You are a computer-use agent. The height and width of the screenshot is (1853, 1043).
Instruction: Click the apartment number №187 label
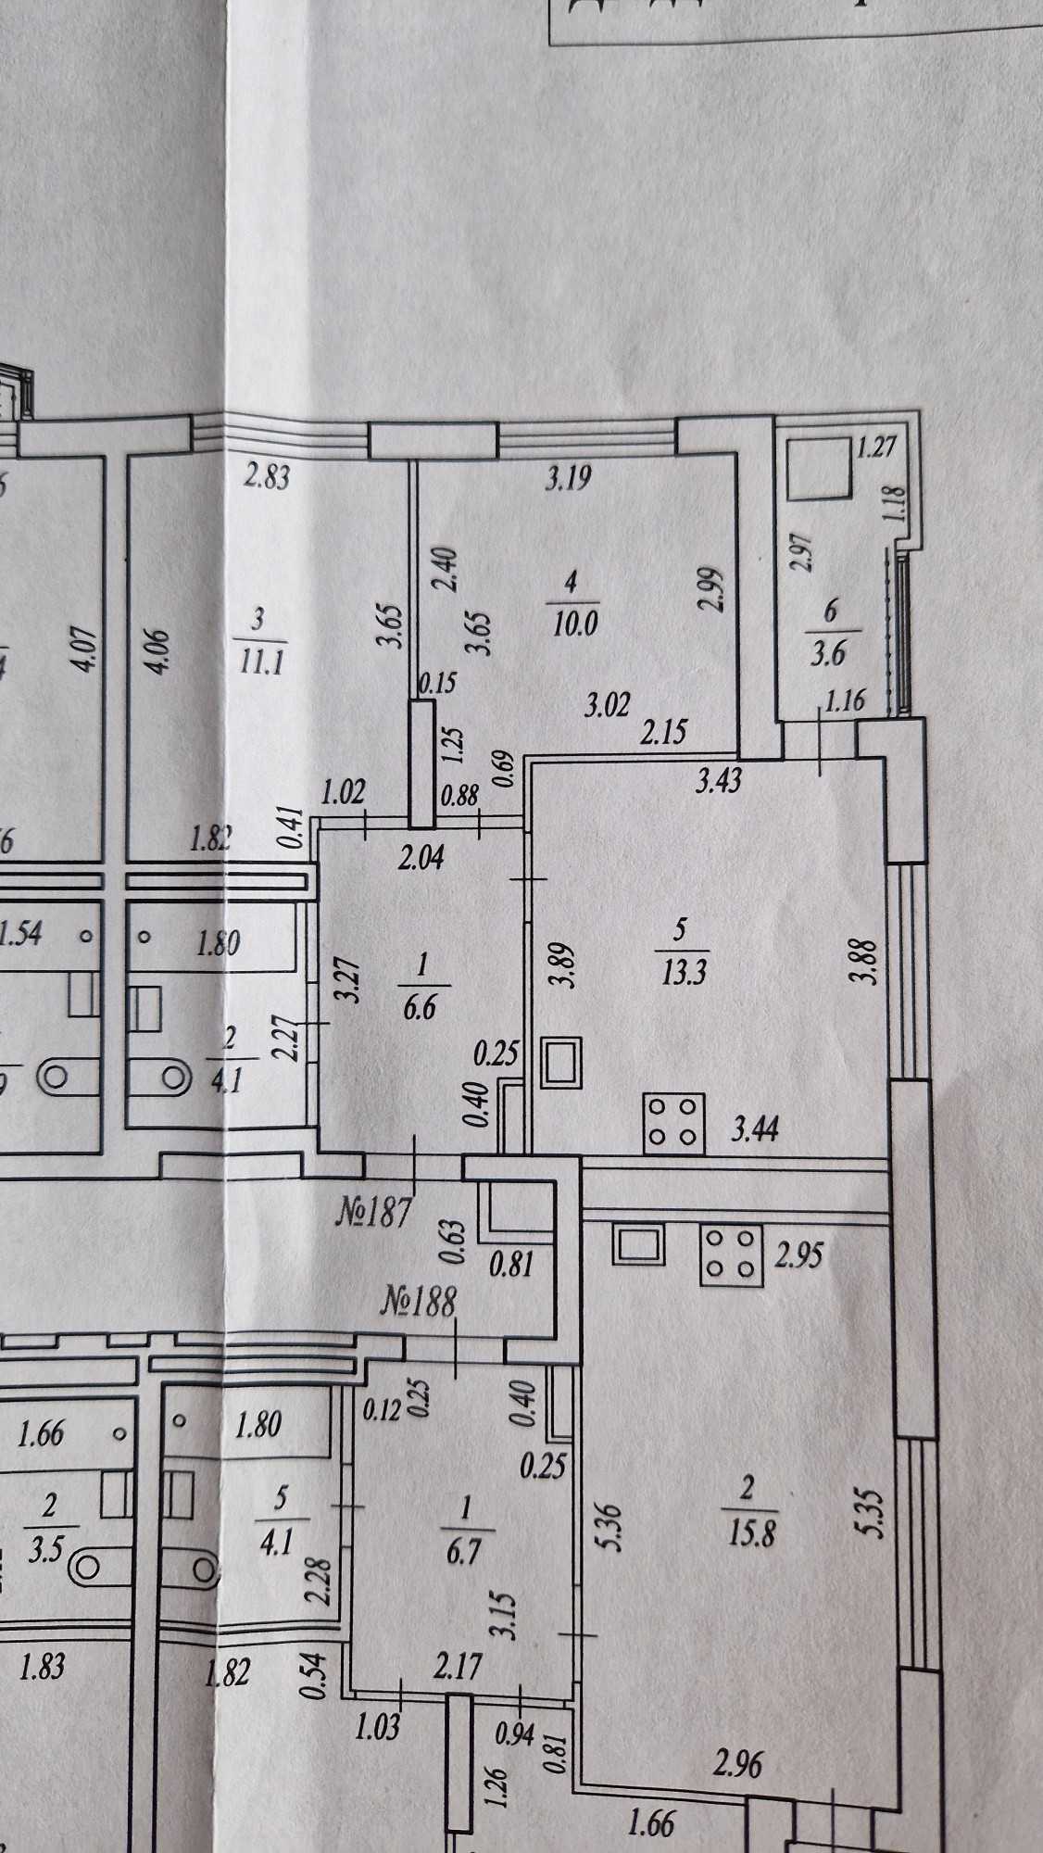[x=373, y=1211]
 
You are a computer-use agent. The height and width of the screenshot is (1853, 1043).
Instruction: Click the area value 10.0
[x=574, y=622]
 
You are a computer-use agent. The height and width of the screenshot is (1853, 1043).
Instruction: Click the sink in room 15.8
[x=639, y=1244]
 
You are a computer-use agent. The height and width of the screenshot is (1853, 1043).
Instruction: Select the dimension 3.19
[x=569, y=480]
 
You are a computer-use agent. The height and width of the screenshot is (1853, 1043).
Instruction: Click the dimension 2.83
[x=267, y=478]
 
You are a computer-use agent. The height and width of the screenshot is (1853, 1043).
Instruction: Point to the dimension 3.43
[x=719, y=781]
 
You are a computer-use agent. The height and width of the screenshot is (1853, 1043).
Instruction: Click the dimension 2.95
[x=799, y=1257]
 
